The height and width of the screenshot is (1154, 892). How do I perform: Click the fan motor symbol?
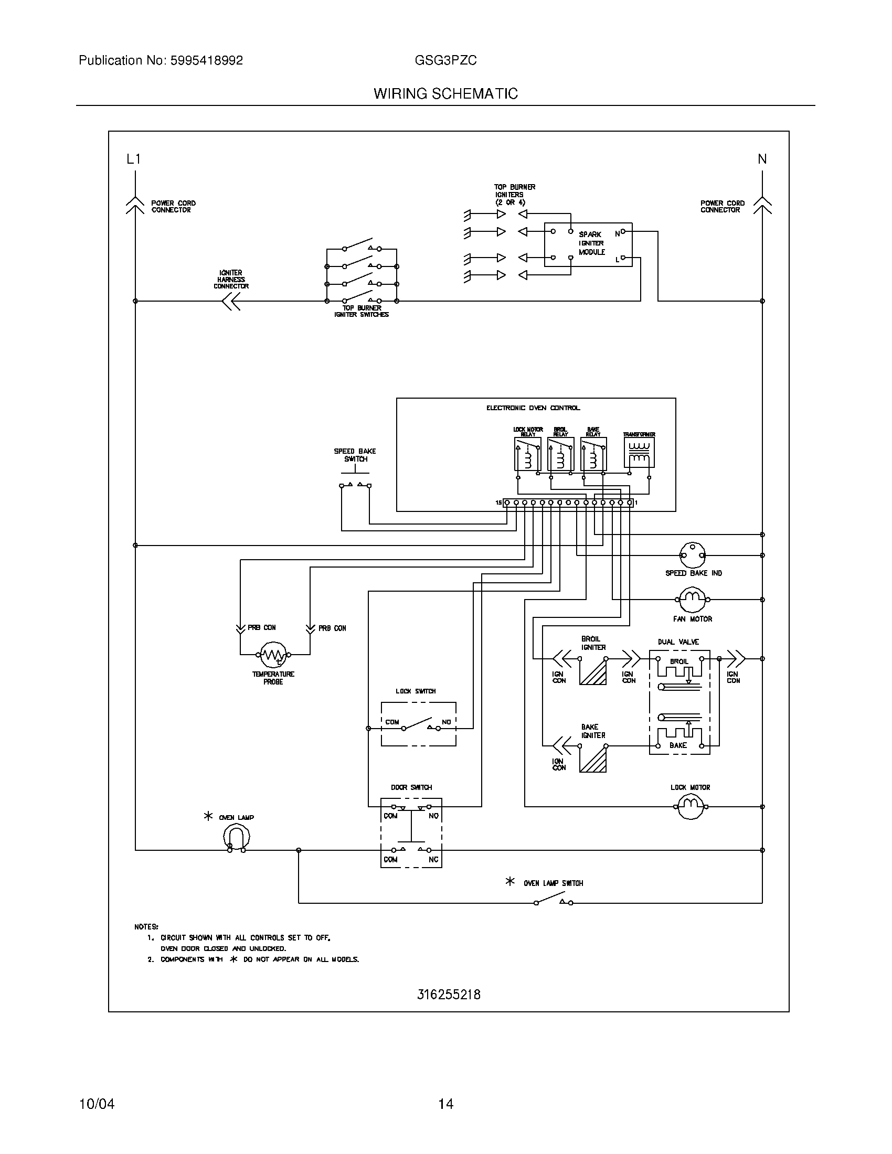click(x=692, y=599)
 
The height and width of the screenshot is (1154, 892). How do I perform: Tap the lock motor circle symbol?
click(x=691, y=807)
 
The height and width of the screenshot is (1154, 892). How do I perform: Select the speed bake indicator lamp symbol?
click(x=692, y=555)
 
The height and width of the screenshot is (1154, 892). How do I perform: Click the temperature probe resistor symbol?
click(x=273, y=655)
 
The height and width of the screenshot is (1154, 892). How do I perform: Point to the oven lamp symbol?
click(x=236, y=838)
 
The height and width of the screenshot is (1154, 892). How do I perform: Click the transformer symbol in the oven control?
click(x=639, y=453)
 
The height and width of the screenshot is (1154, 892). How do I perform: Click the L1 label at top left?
click(x=134, y=159)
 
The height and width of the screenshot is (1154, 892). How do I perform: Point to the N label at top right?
click(x=762, y=159)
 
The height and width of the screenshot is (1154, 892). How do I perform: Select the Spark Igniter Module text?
click(x=591, y=243)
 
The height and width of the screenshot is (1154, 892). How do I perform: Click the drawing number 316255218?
click(x=449, y=995)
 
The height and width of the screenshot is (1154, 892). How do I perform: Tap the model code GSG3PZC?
click(x=445, y=60)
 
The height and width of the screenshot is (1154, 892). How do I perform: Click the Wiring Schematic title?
click(x=445, y=93)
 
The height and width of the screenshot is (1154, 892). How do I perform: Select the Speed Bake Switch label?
click(x=355, y=455)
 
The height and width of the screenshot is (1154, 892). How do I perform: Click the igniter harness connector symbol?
click(x=231, y=301)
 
